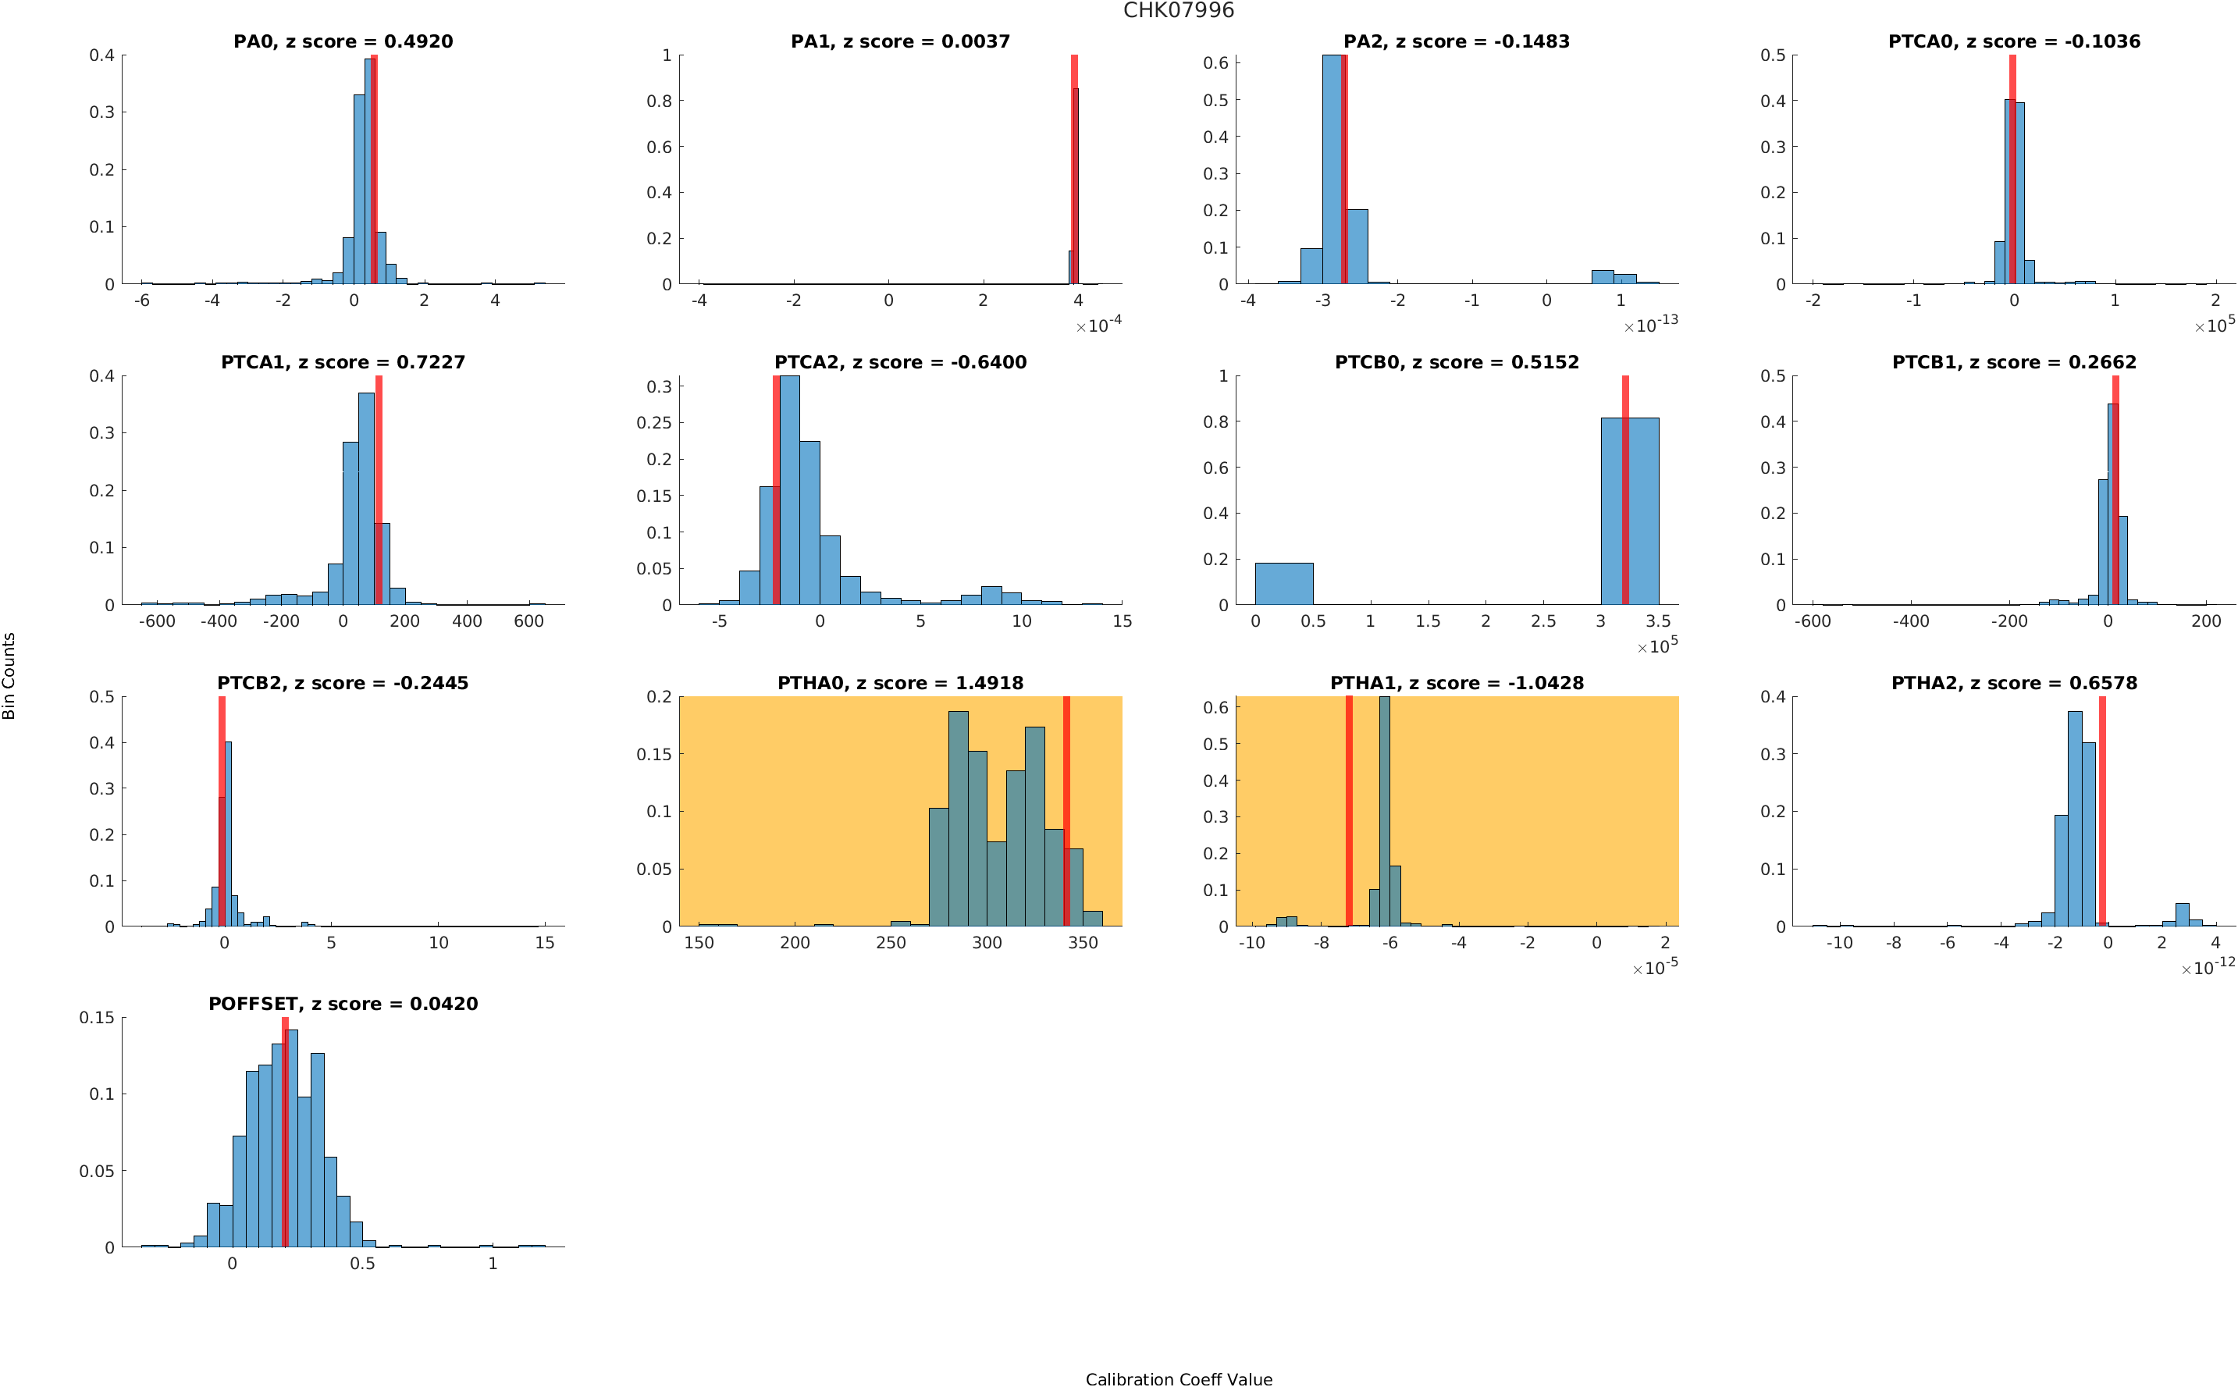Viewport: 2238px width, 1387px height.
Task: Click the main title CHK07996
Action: click(x=1179, y=10)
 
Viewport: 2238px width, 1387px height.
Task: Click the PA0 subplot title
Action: click(x=343, y=41)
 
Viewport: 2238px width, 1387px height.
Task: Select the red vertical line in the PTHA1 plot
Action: click(x=1348, y=811)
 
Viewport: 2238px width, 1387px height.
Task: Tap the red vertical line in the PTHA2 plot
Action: click(x=2101, y=811)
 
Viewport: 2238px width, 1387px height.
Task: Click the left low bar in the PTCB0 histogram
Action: click(x=1283, y=583)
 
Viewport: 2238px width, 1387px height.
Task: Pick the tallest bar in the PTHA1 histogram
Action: click(x=1384, y=811)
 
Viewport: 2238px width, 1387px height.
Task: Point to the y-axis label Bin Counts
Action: click(x=9, y=675)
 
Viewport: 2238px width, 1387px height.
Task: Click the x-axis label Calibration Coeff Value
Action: click(x=1179, y=1378)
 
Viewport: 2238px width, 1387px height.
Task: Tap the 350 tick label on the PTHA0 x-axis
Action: click(x=1082, y=943)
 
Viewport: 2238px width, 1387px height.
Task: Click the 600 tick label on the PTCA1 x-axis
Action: click(x=528, y=621)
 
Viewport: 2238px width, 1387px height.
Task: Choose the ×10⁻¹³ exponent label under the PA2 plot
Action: click(x=1650, y=325)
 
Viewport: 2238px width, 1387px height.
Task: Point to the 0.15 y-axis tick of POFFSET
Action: click(x=98, y=1017)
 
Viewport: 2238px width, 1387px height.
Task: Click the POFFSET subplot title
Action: click(x=343, y=1004)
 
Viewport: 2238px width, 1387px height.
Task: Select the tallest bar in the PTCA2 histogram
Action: click(x=788, y=490)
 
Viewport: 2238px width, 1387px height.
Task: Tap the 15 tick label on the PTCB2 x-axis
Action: click(x=545, y=943)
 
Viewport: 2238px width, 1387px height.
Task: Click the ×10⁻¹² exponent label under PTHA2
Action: click(x=2207, y=968)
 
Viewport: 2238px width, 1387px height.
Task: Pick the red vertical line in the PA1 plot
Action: click(x=1074, y=169)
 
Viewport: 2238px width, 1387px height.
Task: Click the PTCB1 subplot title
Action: click(x=2014, y=362)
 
